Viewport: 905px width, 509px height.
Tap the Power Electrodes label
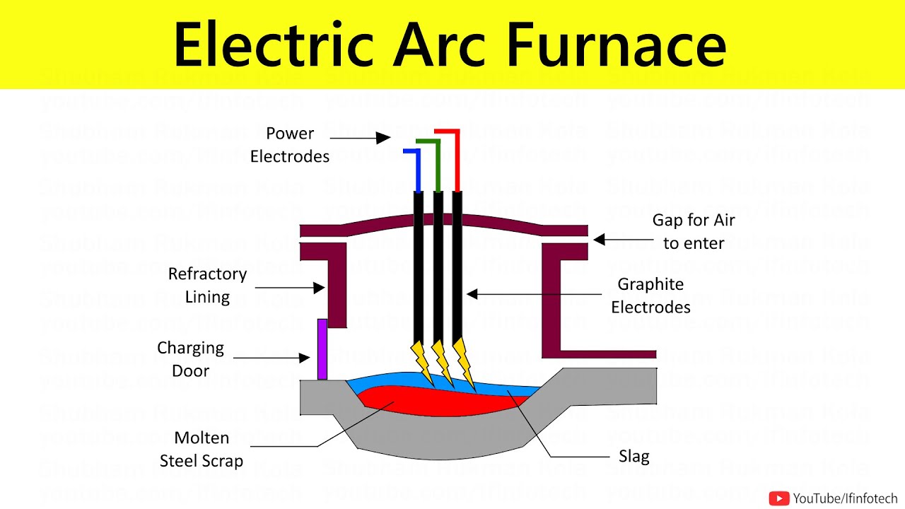[x=290, y=145]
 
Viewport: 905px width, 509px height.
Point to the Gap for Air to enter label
[x=693, y=231]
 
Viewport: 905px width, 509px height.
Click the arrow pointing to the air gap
[x=623, y=240]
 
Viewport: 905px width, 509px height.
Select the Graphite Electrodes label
[x=650, y=296]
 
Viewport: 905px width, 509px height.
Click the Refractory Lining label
[x=206, y=285]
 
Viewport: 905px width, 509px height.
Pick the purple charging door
[x=322, y=349]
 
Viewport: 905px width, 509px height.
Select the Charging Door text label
[x=190, y=359]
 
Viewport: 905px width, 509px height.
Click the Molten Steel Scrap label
[x=202, y=450]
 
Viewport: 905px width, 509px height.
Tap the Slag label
[x=633, y=457]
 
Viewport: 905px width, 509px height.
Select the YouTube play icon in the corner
[x=778, y=498]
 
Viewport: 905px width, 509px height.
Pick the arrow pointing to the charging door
[x=271, y=358]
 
